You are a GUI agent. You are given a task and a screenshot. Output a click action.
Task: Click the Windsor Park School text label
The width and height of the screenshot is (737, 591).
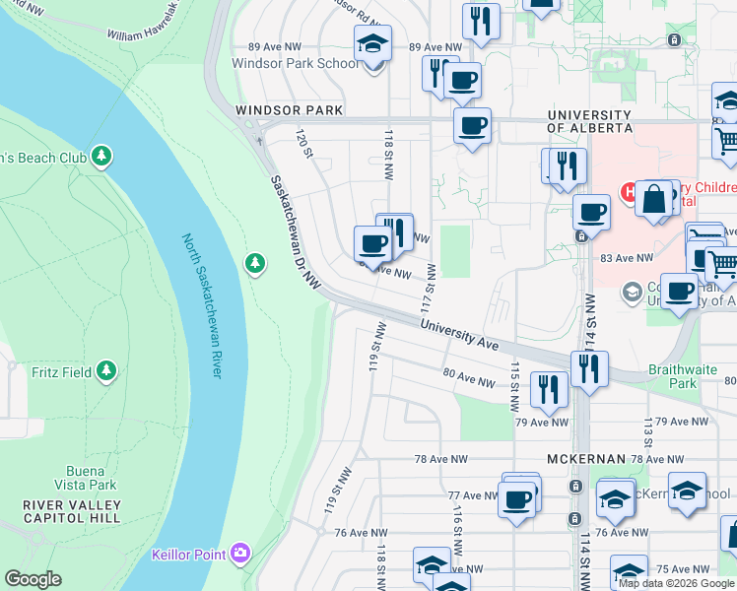click(x=295, y=63)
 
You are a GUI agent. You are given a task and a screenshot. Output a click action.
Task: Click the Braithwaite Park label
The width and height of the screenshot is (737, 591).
click(x=673, y=376)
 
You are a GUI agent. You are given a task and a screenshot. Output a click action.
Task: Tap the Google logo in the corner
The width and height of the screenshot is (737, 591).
click(x=33, y=579)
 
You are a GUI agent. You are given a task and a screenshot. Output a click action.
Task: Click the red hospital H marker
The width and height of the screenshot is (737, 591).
click(x=626, y=190)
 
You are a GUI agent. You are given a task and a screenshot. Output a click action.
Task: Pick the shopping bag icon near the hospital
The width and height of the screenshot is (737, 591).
click(x=653, y=199)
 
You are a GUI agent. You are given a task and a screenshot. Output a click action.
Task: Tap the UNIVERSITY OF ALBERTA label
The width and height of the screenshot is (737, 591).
click(x=589, y=121)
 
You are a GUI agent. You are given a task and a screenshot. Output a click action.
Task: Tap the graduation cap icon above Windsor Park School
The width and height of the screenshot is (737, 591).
click(x=372, y=43)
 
